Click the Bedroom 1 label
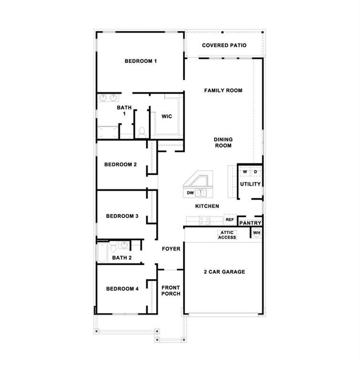141,61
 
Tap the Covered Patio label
224,45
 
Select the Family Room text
223,90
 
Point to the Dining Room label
223,142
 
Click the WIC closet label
167,117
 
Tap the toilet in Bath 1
142,130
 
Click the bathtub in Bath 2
103,252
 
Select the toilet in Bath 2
114,247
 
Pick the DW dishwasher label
190,193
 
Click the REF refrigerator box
230,220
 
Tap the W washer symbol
244,172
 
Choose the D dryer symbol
255,172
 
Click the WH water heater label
256,233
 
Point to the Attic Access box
227,235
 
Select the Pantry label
250,223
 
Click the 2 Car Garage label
224,272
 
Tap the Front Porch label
170,291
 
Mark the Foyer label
171,249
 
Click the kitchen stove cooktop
204,220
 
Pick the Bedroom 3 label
122,216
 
